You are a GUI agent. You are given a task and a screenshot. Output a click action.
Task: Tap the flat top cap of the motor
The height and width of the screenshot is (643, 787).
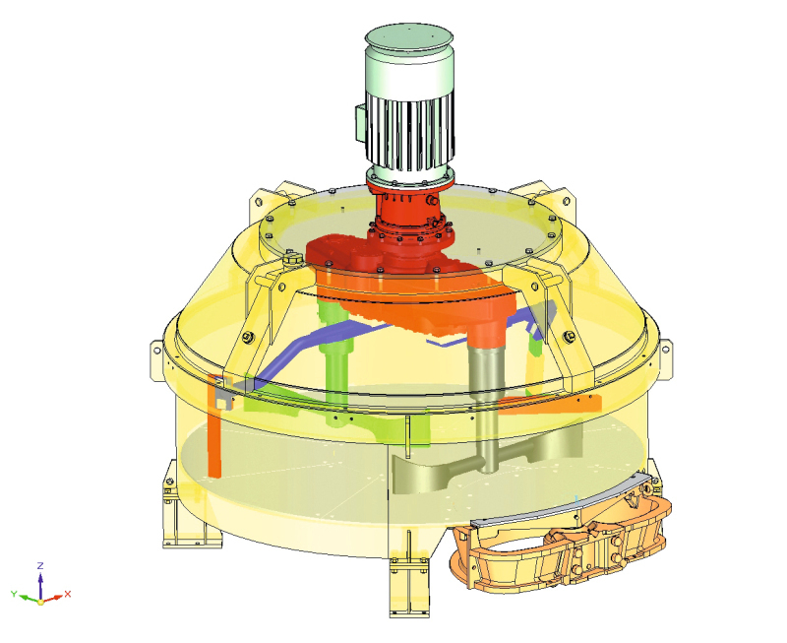pos(409,36)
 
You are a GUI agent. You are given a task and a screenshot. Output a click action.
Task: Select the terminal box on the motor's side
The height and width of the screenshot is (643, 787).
pos(361,123)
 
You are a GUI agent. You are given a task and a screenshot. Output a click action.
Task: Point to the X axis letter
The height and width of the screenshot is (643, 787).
pos(68,594)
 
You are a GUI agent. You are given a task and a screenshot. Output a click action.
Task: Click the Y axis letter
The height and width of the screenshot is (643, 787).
pos(14,594)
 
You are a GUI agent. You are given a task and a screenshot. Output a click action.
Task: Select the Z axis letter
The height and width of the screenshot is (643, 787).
pos(40,565)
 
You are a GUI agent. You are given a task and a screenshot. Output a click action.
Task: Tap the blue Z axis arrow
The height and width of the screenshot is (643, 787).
pos(40,584)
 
